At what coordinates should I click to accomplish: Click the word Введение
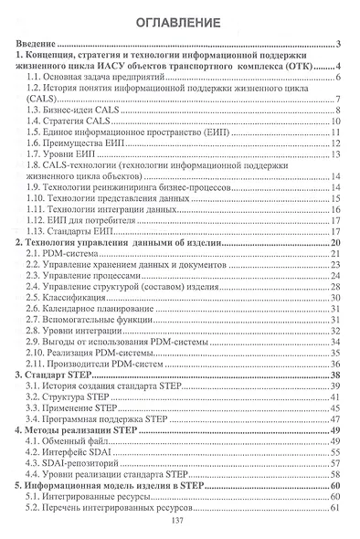tap(37, 44)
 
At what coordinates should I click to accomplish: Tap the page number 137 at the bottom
tap(179, 521)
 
